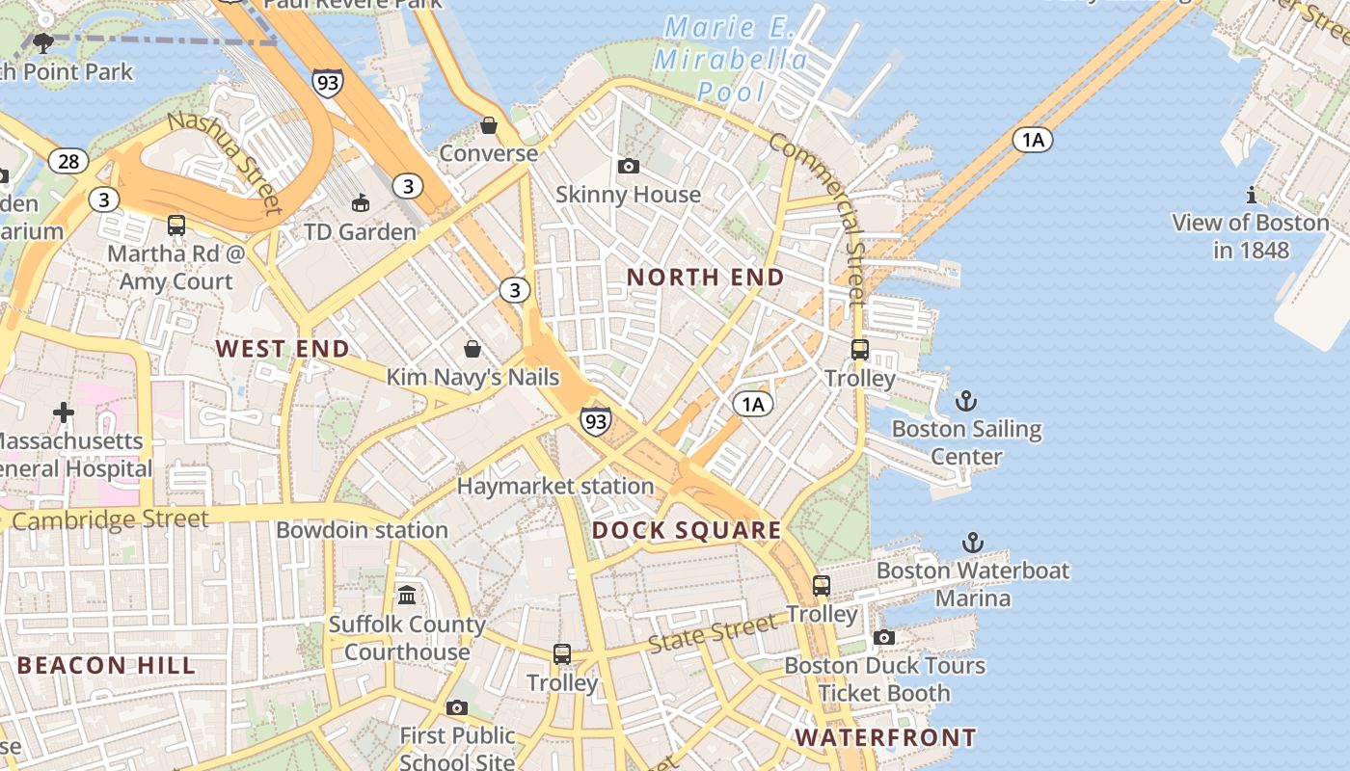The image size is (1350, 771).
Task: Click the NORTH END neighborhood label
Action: click(x=706, y=278)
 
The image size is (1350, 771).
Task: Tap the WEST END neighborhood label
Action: click(x=283, y=349)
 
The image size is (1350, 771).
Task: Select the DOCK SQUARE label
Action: click(x=687, y=530)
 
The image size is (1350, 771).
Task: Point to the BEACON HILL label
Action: click(x=106, y=665)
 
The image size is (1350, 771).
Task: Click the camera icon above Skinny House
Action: click(x=629, y=167)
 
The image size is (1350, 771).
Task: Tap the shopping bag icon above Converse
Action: click(x=489, y=126)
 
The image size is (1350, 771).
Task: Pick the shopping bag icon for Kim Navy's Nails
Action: click(x=472, y=349)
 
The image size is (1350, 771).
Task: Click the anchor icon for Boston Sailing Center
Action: click(x=966, y=401)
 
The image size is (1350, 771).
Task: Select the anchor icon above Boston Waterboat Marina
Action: click(x=973, y=543)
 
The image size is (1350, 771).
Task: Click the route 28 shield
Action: click(x=68, y=161)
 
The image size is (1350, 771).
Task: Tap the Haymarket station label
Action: click(x=555, y=487)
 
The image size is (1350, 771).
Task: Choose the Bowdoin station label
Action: click(x=362, y=530)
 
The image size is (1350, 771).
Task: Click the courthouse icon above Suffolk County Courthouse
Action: click(x=407, y=595)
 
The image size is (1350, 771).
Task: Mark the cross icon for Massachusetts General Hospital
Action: click(x=64, y=413)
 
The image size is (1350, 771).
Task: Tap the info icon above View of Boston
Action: click(x=1252, y=195)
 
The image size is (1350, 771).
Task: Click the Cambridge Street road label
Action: click(x=111, y=520)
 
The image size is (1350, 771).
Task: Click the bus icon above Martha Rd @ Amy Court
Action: click(x=176, y=226)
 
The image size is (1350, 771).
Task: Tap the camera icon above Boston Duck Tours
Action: click(x=884, y=637)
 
